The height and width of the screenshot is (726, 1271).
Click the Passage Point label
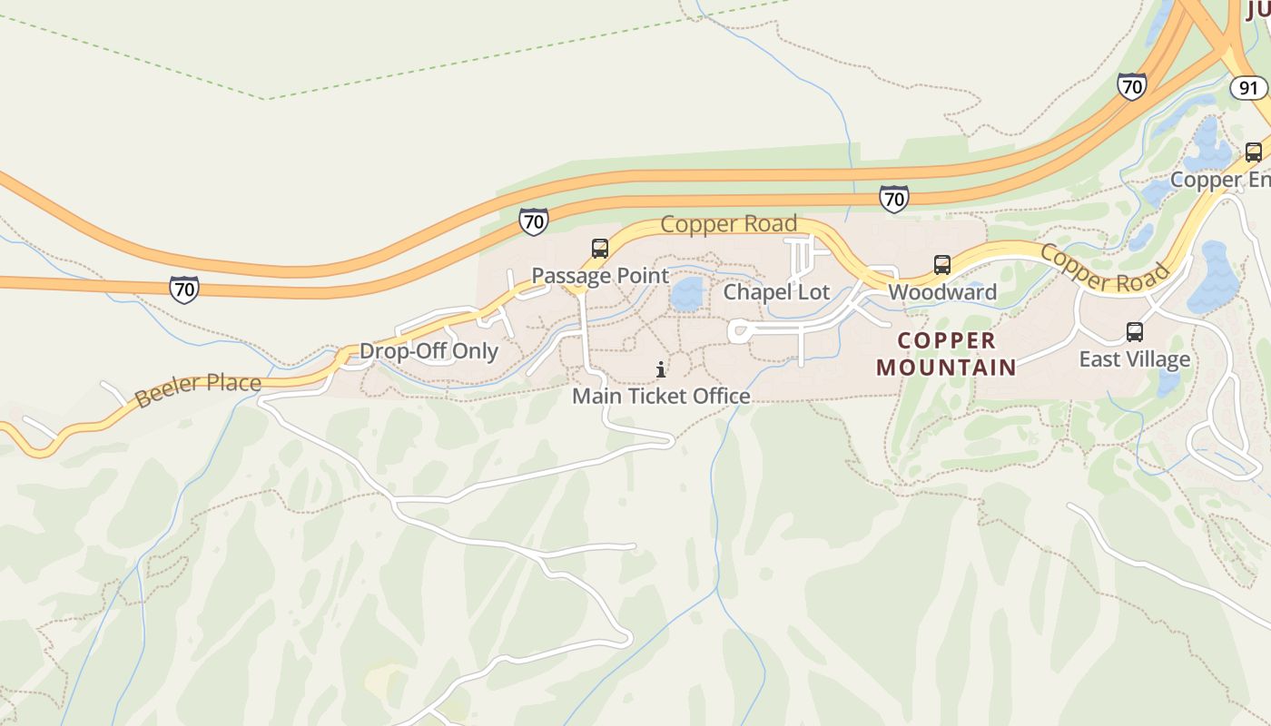(599, 276)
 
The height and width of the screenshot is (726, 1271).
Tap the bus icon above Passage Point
(599, 248)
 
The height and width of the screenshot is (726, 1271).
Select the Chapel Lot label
(776, 292)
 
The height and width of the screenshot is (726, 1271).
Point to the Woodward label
(942, 292)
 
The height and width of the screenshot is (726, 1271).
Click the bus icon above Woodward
(942, 265)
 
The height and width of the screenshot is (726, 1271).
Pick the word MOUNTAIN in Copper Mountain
(947, 368)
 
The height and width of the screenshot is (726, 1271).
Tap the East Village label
(1134, 359)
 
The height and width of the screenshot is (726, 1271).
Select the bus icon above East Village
(1134, 331)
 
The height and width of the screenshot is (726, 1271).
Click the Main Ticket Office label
(661, 397)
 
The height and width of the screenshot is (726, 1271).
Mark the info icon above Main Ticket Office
(661, 369)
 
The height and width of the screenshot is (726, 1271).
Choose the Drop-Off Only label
(429, 351)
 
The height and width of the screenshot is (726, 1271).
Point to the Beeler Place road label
(198, 389)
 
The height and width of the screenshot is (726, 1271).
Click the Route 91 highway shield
(1248, 87)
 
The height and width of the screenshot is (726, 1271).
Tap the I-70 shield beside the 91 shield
(1131, 86)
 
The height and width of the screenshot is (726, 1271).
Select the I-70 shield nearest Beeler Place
(184, 289)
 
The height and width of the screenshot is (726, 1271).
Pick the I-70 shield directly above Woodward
(894, 198)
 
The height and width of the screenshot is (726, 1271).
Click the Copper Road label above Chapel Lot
(729, 223)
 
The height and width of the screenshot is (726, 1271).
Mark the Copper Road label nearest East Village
(1105, 268)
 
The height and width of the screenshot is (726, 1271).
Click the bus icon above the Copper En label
(1253, 152)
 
